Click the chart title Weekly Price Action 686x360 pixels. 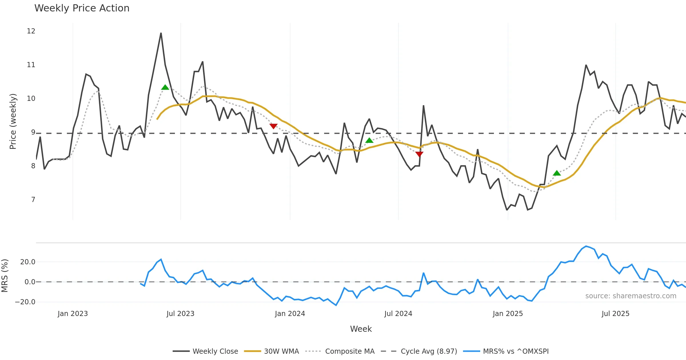click(x=82, y=8)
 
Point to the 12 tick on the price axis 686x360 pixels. click(x=31, y=31)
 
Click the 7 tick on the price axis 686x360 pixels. click(x=33, y=200)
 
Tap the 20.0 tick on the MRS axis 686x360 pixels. click(x=28, y=262)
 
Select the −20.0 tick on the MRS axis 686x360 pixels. click(x=25, y=302)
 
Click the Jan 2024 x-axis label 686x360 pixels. click(x=290, y=314)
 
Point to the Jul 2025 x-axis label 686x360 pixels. click(x=615, y=314)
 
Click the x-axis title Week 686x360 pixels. click(x=361, y=329)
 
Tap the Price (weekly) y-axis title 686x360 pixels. click(x=13, y=121)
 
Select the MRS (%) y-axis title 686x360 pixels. click(x=5, y=276)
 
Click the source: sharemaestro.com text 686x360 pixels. click(x=631, y=296)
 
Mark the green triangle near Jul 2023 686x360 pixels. click(x=165, y=87)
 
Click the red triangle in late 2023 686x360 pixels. click(x=274, y=126)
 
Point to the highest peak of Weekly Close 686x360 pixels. click(x=161, y=33)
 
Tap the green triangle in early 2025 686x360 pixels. click(x=557, y=173)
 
